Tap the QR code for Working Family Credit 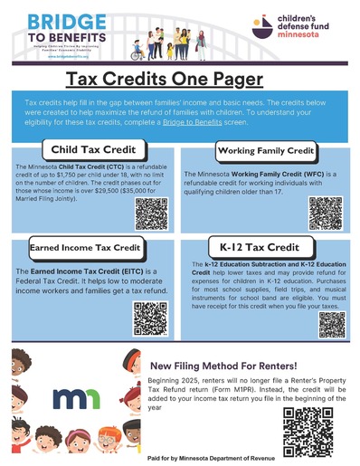tap(324, 212)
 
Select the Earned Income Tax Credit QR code tap(151, 317)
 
